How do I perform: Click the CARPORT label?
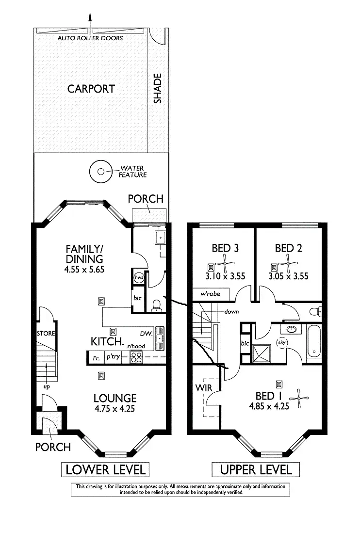tap(91, 89)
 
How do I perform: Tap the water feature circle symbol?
tap(101, 171)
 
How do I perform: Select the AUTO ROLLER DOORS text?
tap(90, 38)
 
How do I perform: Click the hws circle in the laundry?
tap(138, 276)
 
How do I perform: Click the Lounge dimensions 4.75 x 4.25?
tap(115, 409)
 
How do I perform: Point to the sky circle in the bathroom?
tap(281, 342)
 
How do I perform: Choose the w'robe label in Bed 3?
tap(207, 294)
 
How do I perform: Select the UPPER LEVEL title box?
tap(256, 469)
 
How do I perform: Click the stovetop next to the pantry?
tap(136, 358)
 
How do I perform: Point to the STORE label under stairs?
tap(46, 334)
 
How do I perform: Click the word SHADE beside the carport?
tap(157, 88)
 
